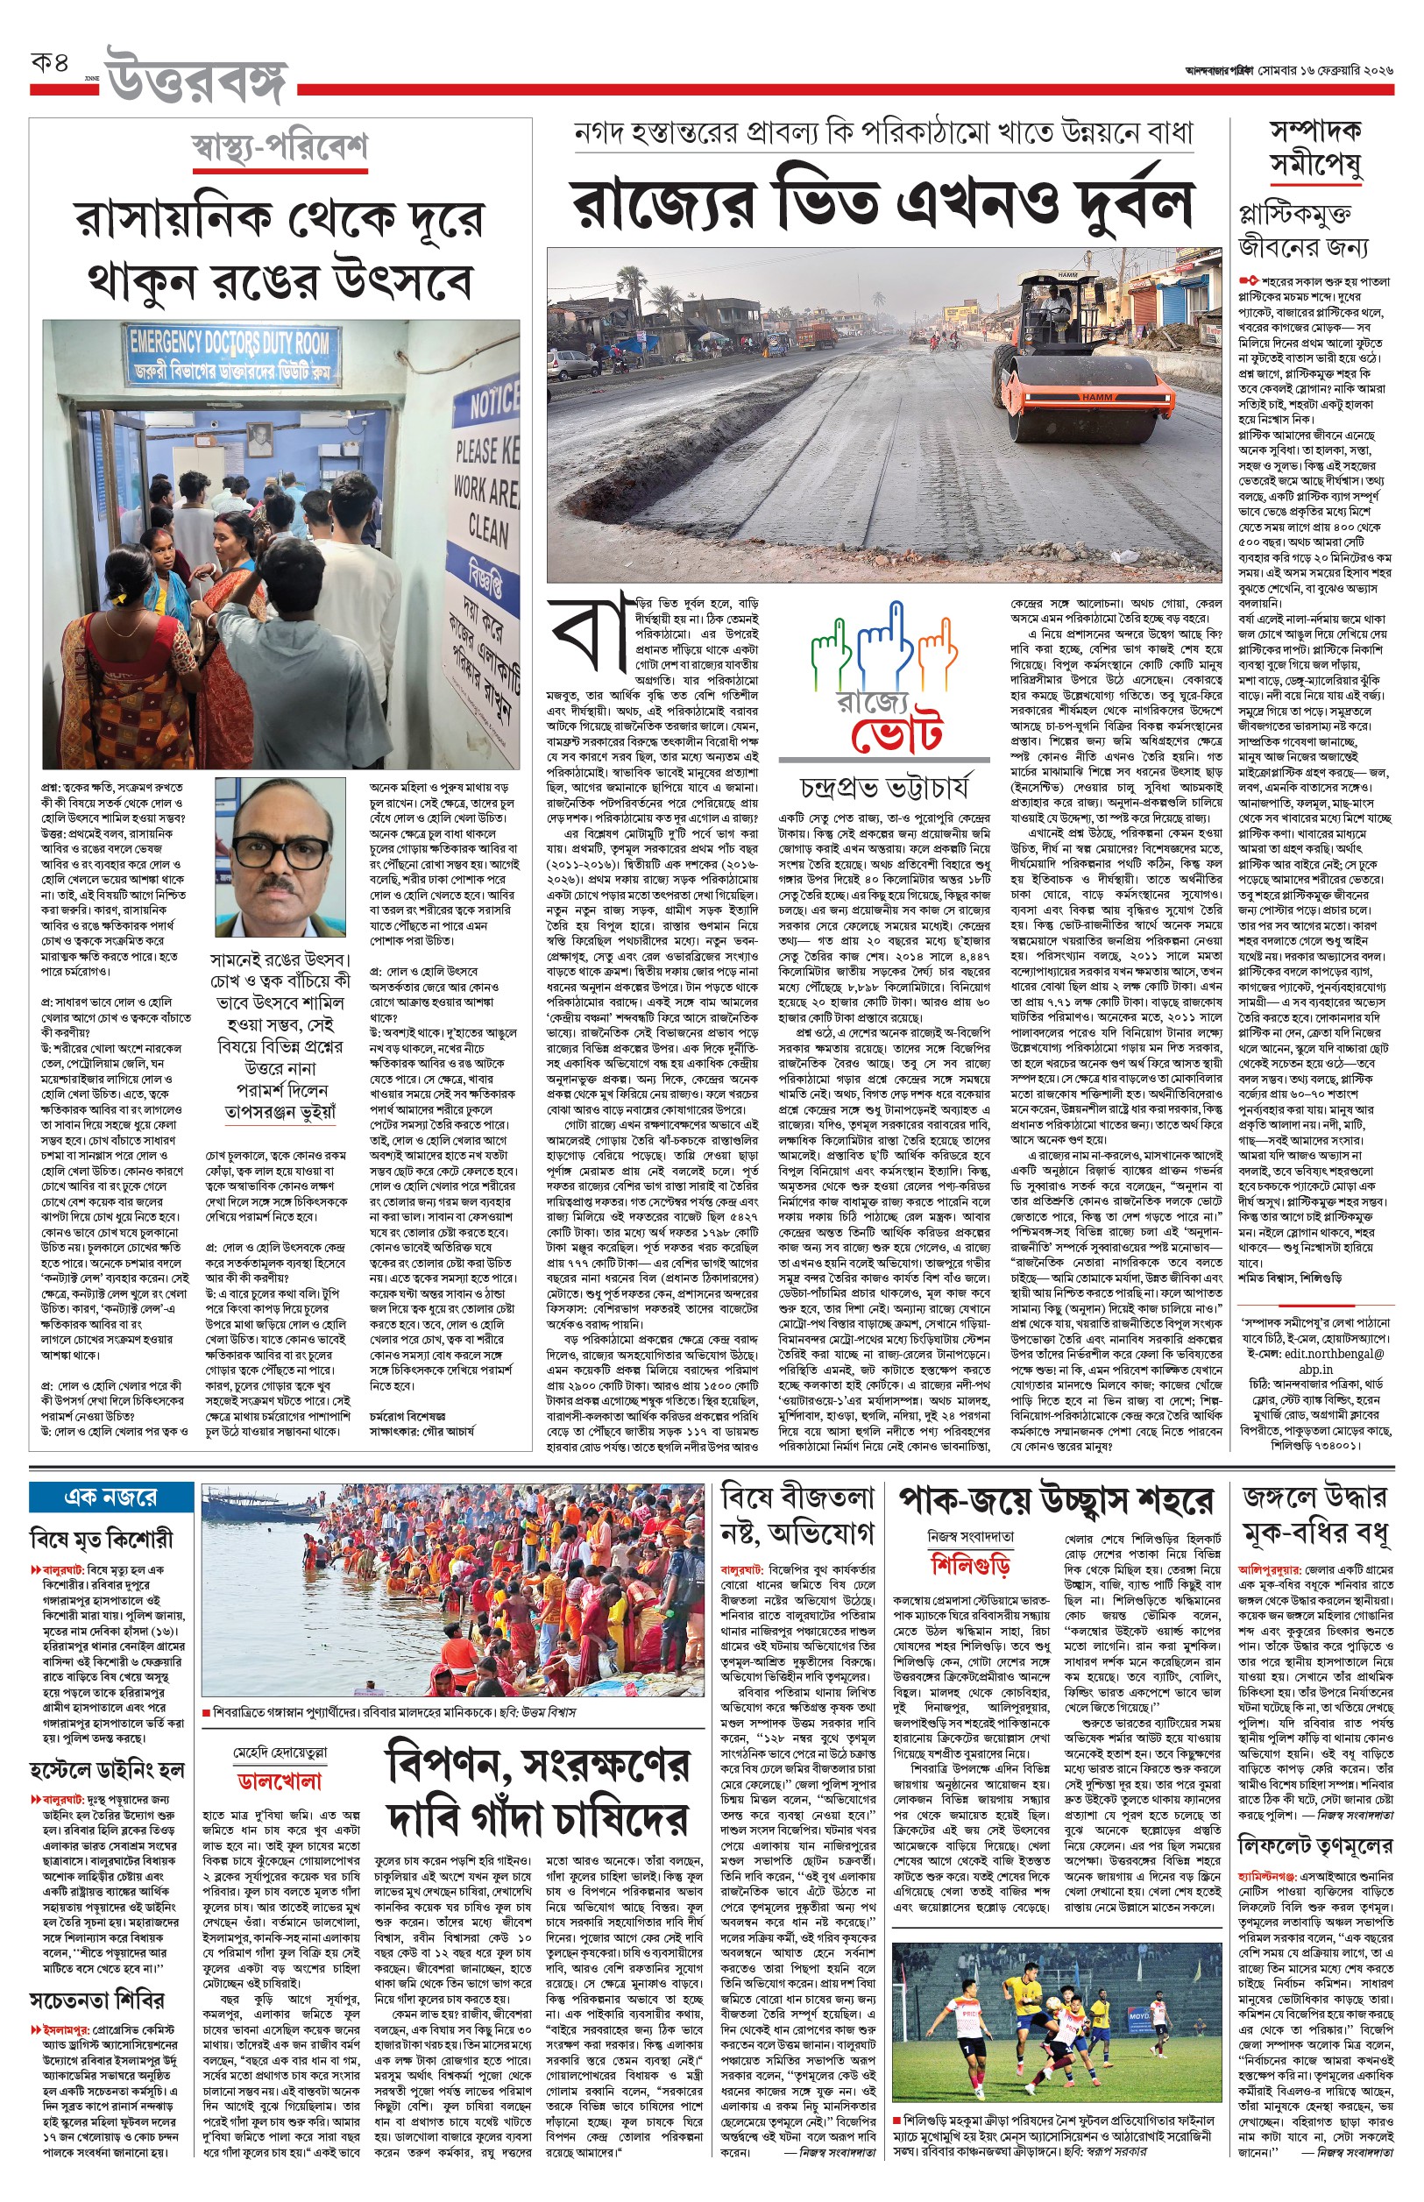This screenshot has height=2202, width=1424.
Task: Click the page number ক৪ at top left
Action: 50,64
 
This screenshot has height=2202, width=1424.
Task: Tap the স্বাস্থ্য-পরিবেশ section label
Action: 280,148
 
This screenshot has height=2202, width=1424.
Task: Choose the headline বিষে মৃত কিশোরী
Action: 102,1539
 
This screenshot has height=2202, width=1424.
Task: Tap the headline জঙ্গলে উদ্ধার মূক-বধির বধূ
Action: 1314,1516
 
